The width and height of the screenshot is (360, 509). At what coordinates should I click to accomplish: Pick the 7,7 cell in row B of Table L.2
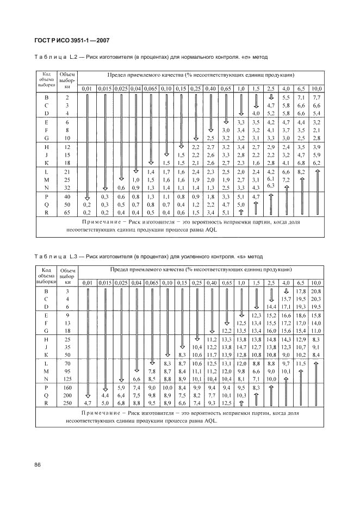pyautogui.click(x=318, y=96)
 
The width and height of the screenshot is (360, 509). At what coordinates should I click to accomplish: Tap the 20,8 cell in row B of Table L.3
pyautogui.click(x=317, y=292)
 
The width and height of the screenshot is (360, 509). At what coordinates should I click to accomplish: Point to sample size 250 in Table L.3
pyautogui.click(x=68, y=403)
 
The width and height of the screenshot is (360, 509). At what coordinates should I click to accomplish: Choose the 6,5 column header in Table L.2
pyautogui.click(x=301, y=88)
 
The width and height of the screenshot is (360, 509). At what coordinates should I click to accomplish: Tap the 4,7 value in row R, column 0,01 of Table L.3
pyautogui.click(x=88, y=403)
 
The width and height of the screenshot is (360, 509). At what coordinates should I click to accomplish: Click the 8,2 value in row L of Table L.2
pyautogui.click(x=301, y=171)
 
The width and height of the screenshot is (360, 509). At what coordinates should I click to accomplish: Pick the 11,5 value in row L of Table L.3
pyautogui.click(x=301, y=363)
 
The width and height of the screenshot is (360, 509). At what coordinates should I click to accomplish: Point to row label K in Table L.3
pyautogui.click(x=47, y=354)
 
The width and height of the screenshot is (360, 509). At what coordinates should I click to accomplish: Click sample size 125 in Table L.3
pyautogui.click(x=68, y=379)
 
